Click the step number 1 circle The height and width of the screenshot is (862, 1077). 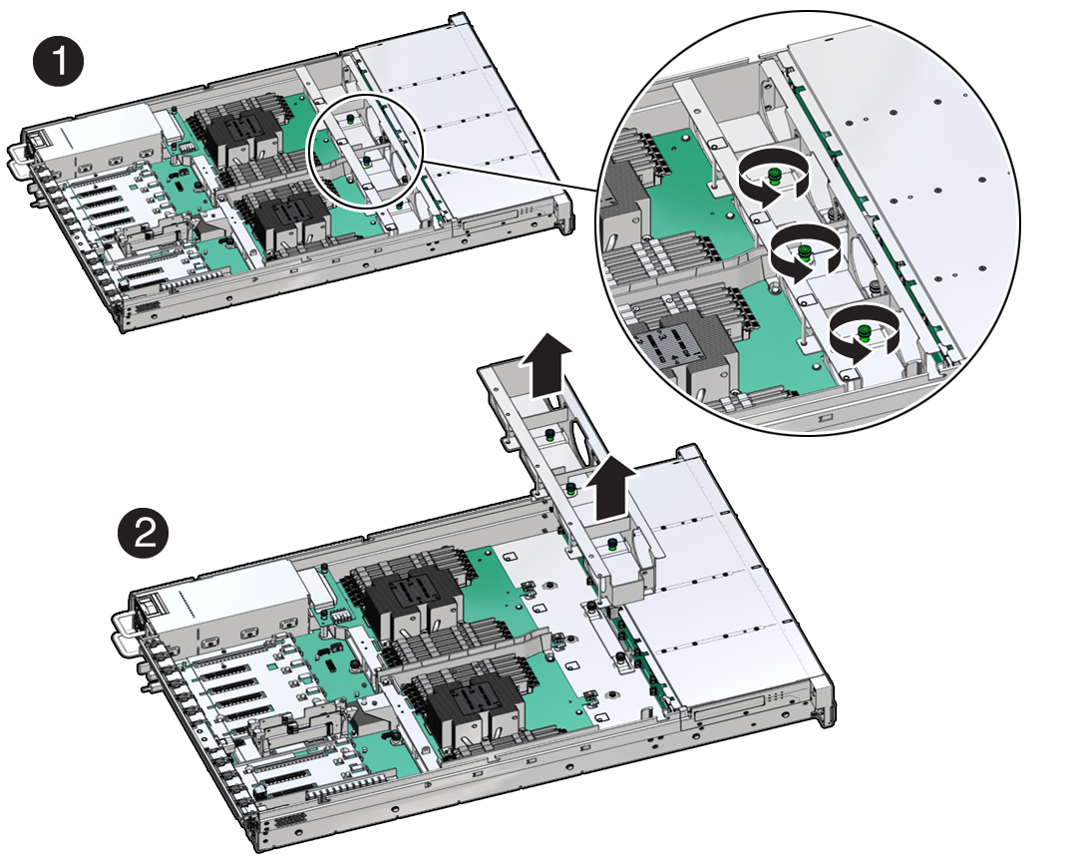[59, 62]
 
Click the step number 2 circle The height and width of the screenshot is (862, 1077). [143, 533]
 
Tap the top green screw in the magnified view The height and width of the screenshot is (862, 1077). [774, 176]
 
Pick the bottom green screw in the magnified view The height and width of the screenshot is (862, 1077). [864, 333]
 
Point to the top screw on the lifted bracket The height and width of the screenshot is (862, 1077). [549, 434]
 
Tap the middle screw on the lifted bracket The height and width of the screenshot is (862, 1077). [571, 489]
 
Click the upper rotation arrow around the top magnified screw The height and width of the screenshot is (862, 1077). [774, 162]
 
